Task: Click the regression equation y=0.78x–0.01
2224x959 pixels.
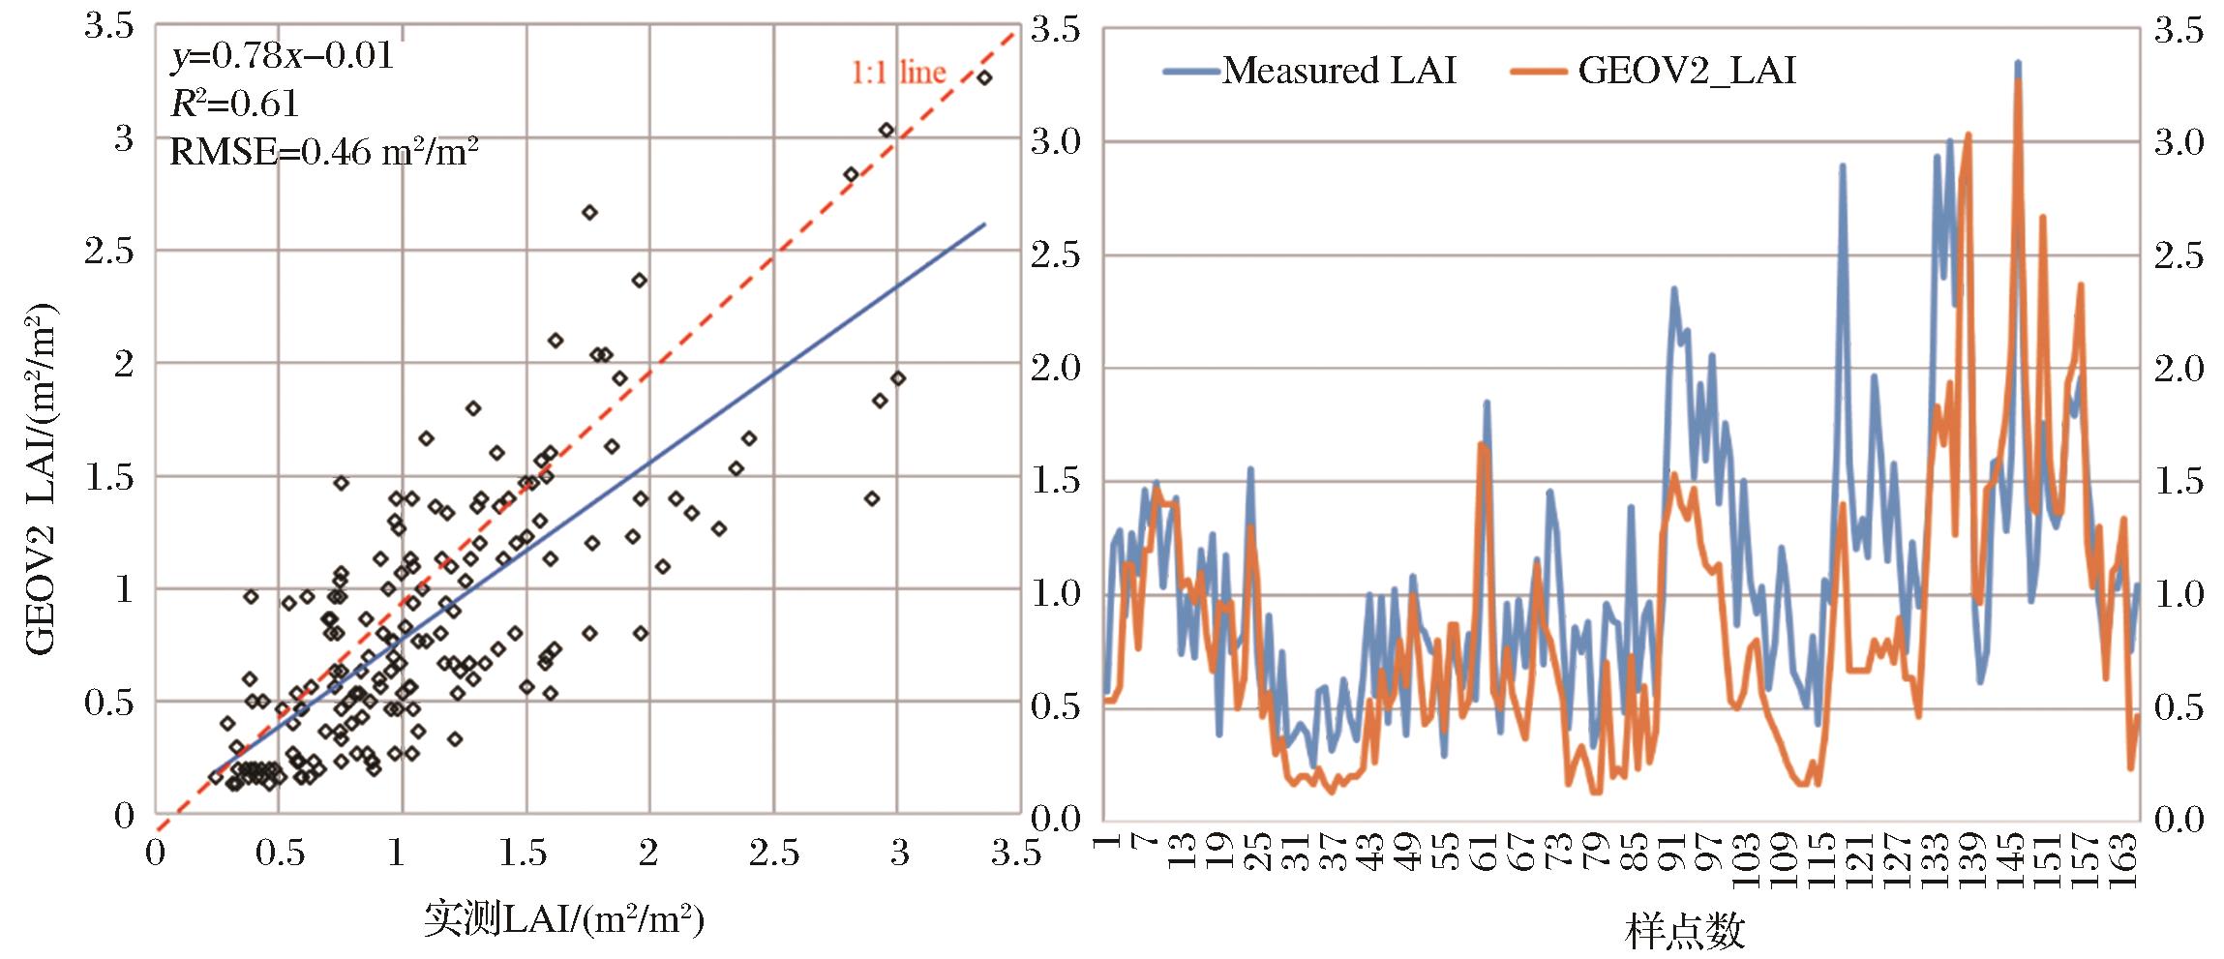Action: pyautogui.click(x=283, y=55)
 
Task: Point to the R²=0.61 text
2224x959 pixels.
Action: pyautogui.click(x=234, y=104)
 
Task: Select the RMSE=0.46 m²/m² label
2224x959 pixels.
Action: pyautogui.click(x=324, y=151)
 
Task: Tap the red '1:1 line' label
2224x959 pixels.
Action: pyautogui.click(x=898, y=73)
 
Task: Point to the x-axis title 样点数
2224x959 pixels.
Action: pyautogui.click(x=1686, y=930)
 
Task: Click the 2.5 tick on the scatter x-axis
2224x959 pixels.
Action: pyautogui.click(x=774, y=855)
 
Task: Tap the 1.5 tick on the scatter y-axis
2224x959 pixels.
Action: pyautogui.click(x=110, y=478)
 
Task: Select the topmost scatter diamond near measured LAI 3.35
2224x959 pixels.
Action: pyautogui.click(x=984, y=77)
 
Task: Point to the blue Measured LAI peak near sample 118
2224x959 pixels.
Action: pyautogui.click(x=1844, y=165)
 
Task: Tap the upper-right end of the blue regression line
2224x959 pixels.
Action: pyautogui.click(x=984, y=224)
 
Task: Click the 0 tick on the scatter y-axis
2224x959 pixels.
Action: pyautogui.click(x=124, y=816)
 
